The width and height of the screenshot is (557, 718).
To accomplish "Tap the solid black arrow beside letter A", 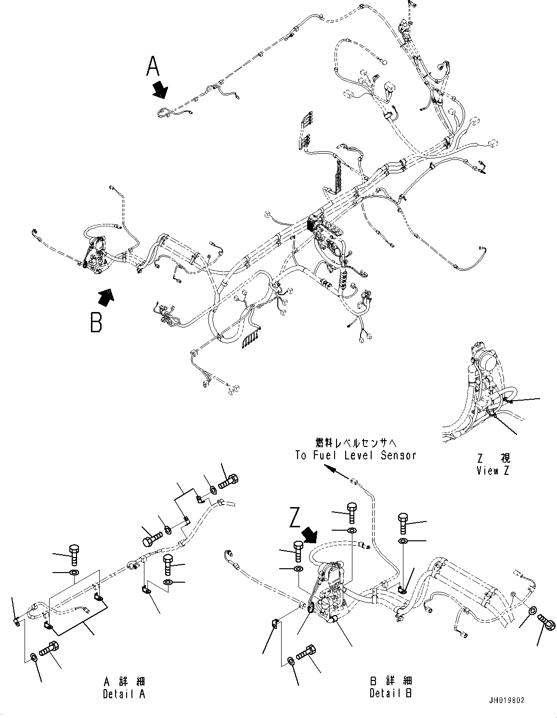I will click(x=159, y=90).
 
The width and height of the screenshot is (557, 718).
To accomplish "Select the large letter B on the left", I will click(x=96, y=322).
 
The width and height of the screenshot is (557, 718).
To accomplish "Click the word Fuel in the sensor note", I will click(x=332, y=455).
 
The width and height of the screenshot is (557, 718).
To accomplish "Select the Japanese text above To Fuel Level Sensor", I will click(x=356, y=442).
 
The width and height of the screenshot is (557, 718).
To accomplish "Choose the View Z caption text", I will click(x=492, y=471).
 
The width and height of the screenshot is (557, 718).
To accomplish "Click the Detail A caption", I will click(x=124, y=694).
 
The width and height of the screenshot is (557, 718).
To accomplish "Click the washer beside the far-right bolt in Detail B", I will click(x=532, y=611).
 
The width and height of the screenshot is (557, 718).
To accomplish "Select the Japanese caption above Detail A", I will click(x=124, y=681).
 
